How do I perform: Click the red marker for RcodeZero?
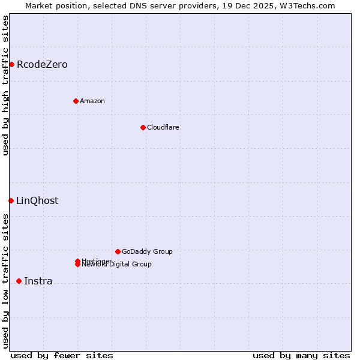pos(11,64)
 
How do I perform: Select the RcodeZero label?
pos(42,65)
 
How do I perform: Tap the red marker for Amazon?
pos(76,101)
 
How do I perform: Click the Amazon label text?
pos(92,101)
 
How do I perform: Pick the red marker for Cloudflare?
pos(143,127)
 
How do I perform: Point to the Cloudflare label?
pos(163,127)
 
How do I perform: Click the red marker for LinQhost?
pos(11,200)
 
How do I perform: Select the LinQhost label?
pos(37,201)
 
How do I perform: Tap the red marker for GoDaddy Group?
pos(118,251)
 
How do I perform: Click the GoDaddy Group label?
pos(147,251)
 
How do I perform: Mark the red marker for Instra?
pos(19,281)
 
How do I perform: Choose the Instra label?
pos(38,281)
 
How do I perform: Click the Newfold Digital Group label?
pos(117,265)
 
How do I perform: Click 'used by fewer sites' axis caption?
pos(62,355)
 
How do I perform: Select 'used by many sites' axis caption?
pos(301,355)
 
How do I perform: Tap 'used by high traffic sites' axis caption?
pos(5,86)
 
